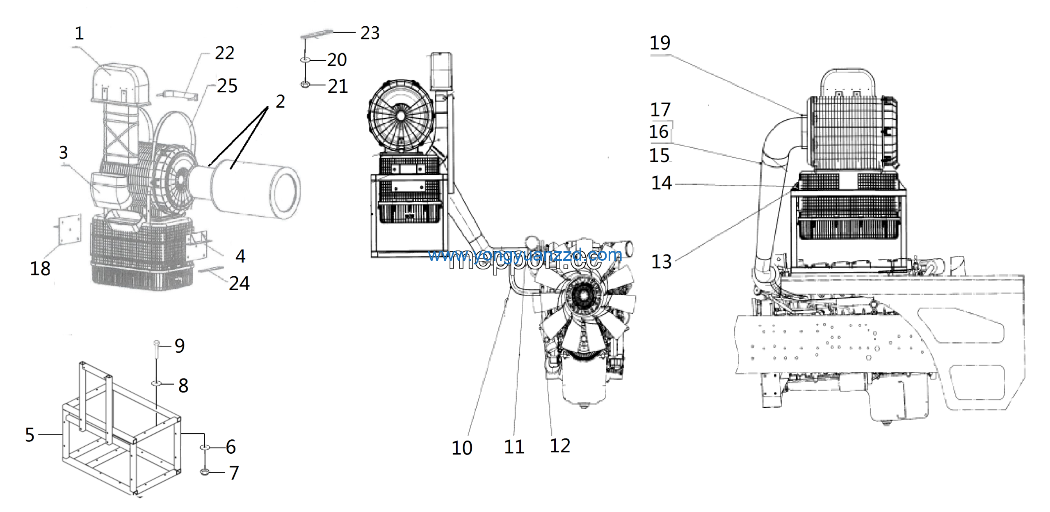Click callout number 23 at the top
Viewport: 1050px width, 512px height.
370,33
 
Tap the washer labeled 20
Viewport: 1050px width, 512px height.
305,60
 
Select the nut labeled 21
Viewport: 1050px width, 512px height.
305,84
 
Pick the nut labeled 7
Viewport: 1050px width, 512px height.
205,472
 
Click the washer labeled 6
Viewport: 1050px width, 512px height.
205,447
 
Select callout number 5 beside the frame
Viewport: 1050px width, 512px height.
30,435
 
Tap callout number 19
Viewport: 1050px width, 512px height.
660,43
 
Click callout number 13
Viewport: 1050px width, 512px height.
661,262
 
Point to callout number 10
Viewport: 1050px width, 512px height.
462,448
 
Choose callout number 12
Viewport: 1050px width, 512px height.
560,446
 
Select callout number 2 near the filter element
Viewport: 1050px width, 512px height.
280,101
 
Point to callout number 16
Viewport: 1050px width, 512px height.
659,132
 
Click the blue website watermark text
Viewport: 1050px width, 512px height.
525,255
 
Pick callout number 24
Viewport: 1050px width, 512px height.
239,283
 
